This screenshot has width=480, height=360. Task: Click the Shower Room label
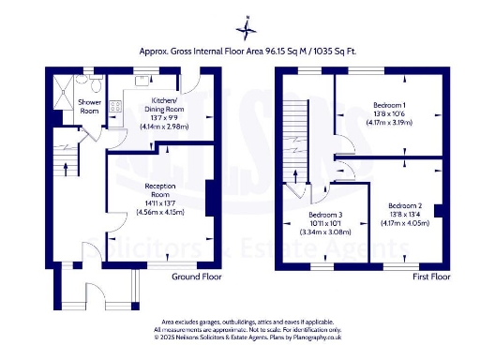click(90, 106)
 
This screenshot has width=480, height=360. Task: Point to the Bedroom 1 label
click(388, 103)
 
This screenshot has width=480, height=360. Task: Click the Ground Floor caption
click(196, 277)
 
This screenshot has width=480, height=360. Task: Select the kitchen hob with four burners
click(116, 108)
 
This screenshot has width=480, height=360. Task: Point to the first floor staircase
click(296, 141)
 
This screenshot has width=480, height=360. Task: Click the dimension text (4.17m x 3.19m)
click(388, 122)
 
